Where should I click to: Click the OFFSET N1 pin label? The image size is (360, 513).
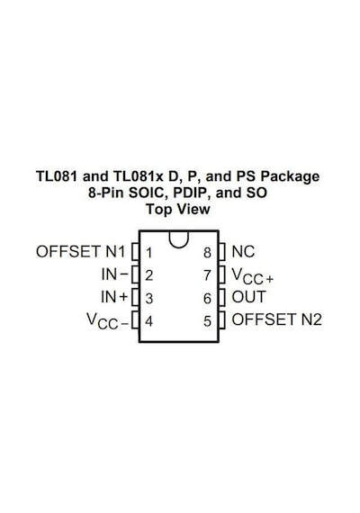[80, 252]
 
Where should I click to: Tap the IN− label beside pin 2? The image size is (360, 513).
[114, 274]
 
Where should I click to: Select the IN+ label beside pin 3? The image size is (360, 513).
[114, 297]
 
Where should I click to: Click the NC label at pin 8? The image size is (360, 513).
[243, 252]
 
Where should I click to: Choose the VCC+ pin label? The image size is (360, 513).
[252, 275]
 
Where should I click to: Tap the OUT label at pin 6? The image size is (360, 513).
[248, 297]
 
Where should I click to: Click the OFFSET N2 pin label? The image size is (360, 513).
[277, 319]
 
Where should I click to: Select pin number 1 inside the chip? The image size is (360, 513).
[148, 253]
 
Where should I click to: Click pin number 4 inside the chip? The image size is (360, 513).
[148, 321]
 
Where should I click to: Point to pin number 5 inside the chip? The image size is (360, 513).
[207, 321]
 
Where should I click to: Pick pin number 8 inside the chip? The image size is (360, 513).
[207, 253]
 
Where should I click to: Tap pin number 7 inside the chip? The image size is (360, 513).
[207, 275]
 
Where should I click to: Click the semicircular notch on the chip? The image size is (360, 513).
[179, 247]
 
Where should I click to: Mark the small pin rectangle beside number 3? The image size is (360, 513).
[135, 297]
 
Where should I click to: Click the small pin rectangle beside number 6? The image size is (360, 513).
[222, 297]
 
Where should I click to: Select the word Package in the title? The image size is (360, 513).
[290, 176]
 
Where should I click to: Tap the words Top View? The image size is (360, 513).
[178, 209]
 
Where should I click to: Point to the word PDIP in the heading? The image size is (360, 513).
[193, 193]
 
